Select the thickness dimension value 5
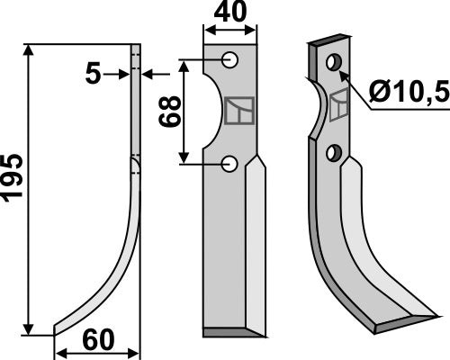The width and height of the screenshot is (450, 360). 93,74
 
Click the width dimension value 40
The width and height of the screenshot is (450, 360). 231,15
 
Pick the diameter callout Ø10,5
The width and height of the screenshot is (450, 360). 406,90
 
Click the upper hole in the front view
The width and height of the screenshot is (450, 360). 231,60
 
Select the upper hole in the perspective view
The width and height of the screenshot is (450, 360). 334,62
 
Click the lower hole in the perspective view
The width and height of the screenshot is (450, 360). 334,152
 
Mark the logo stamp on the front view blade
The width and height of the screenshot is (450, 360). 238,111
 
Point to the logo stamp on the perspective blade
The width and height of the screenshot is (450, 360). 340,105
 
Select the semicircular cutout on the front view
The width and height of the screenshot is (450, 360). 213,112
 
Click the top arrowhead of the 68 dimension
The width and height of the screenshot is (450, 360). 186,66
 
